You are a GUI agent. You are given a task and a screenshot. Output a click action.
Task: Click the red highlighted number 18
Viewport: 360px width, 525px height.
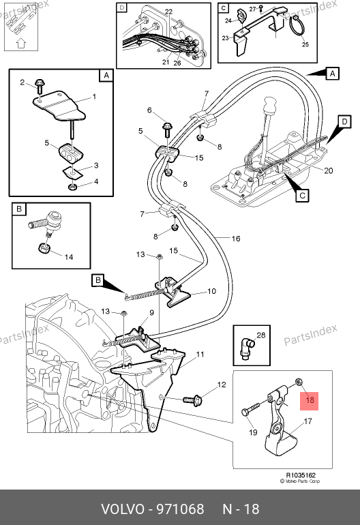point(310,400)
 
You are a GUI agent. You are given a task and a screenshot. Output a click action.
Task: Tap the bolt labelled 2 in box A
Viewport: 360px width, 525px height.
point(40,87)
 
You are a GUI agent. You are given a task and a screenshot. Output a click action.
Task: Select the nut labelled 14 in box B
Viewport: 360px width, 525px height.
point(44,249)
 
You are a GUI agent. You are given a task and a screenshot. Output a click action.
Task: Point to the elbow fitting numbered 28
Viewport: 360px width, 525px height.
point(246,348)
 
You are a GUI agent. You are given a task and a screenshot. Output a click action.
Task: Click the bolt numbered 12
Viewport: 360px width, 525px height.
point(192,400)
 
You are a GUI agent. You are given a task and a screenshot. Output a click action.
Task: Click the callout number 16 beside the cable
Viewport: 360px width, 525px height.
point(236,239)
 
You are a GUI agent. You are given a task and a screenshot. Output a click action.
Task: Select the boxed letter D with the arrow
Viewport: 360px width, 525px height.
point(344,121)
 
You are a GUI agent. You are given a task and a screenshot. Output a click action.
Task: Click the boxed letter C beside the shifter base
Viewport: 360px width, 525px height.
point(303,195)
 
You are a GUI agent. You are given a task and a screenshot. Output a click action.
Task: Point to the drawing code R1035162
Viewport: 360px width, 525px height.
point(301,475)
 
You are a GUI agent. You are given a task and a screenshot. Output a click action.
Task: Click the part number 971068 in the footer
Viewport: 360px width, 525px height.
point(181,509)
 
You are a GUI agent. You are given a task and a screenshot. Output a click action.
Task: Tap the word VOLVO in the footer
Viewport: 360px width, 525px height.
point(122,509)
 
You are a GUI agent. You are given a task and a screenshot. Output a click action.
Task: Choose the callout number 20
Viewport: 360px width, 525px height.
point(328,170)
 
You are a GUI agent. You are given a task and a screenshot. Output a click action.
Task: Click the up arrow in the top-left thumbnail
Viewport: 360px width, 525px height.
point(20,43)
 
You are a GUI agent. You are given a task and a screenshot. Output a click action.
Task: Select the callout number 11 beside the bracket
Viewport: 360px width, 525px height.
point(200,355)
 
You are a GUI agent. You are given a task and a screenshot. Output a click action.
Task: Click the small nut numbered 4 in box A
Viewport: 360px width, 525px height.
point(73,186)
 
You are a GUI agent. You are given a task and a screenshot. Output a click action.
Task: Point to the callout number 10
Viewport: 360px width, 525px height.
point(211,291)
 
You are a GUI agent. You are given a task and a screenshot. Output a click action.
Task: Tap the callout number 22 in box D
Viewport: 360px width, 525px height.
point(168,12)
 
